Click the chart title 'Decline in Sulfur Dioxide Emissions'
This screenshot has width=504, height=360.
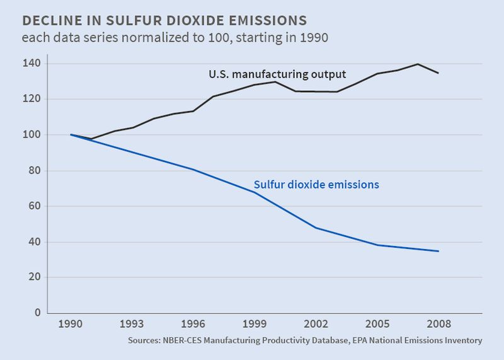pyautogui.click(x=164, y=19)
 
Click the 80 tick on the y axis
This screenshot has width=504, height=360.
pyautogui.click(x=34, y=171)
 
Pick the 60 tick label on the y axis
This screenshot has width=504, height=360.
pyautogui.click(x=34, y=206)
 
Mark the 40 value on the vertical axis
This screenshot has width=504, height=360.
pyautogui.click(x=34, y=242)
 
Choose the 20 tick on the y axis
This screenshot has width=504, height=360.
pyautogui.click(x=34, y=277)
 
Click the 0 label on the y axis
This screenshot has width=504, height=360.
pyautogui.click(x=37, y=313)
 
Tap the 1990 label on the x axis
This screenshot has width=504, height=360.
pyautogui.click(x=71, y=325)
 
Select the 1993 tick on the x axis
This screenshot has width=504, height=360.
pyautogui.click(x=132, y=325)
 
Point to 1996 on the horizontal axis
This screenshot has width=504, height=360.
pyautogui.click(x=193, y=325)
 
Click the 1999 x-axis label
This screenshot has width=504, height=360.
pyautogui.click(x=255, y=325)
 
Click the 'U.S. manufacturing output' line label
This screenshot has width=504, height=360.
pyautogui.click(x=277, y=74)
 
